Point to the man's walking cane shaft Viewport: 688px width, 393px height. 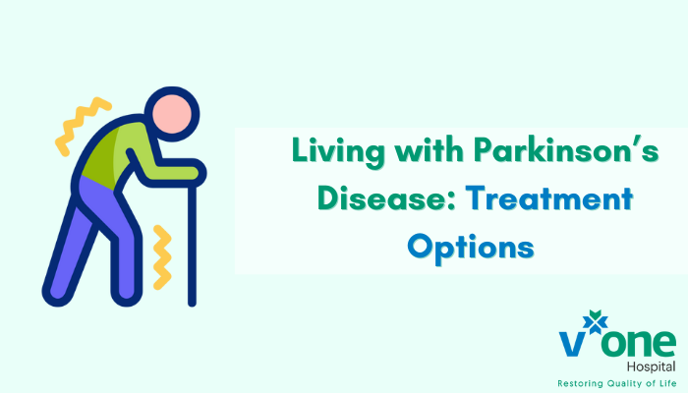pos(192,246)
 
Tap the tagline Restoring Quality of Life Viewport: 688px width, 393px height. pos(613,381)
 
